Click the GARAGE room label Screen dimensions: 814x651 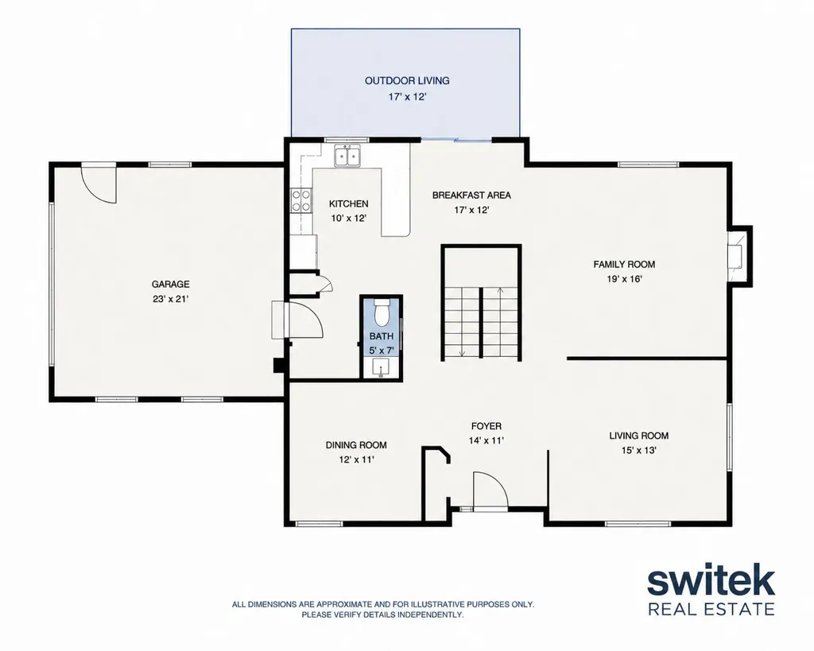(x=170, y=284)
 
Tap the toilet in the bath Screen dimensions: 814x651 (x=382, y=311)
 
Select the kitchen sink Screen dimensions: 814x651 (x=348, y=156)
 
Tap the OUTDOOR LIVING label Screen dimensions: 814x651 (x=407, y=80)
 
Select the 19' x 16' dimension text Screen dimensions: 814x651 (x=625, y=279)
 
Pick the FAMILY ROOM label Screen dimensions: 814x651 (x=624, y=264)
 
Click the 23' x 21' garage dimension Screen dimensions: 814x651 (x=170, y=299)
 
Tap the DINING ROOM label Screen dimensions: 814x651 (x=356, y=445)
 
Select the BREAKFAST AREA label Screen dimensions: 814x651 (x=471, y=196)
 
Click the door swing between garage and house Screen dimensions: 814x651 (x=305, y=320)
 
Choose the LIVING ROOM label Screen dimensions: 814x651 (x=638, y=436)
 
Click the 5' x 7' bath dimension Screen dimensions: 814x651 (x=382, y=351)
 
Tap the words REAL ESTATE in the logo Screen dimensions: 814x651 (x=711, y=608)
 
